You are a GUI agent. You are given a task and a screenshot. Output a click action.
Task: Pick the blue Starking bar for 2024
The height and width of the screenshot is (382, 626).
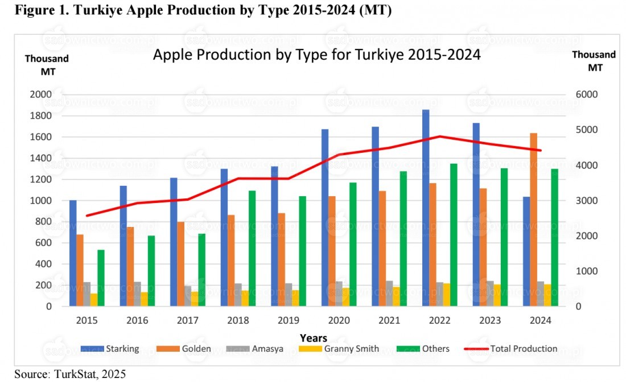coord(526,251)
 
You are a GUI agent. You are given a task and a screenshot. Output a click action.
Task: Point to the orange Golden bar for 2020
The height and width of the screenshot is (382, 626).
coord(332,251)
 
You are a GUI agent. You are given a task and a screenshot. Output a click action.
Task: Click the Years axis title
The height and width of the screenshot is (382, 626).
coord(314,338)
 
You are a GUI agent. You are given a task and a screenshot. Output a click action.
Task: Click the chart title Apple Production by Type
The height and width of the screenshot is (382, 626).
coord(316,56)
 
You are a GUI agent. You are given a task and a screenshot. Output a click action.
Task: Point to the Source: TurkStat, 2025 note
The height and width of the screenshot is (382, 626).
coord(70,374)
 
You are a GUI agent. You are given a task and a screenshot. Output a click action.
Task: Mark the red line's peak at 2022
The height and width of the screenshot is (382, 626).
coord(439,136)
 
